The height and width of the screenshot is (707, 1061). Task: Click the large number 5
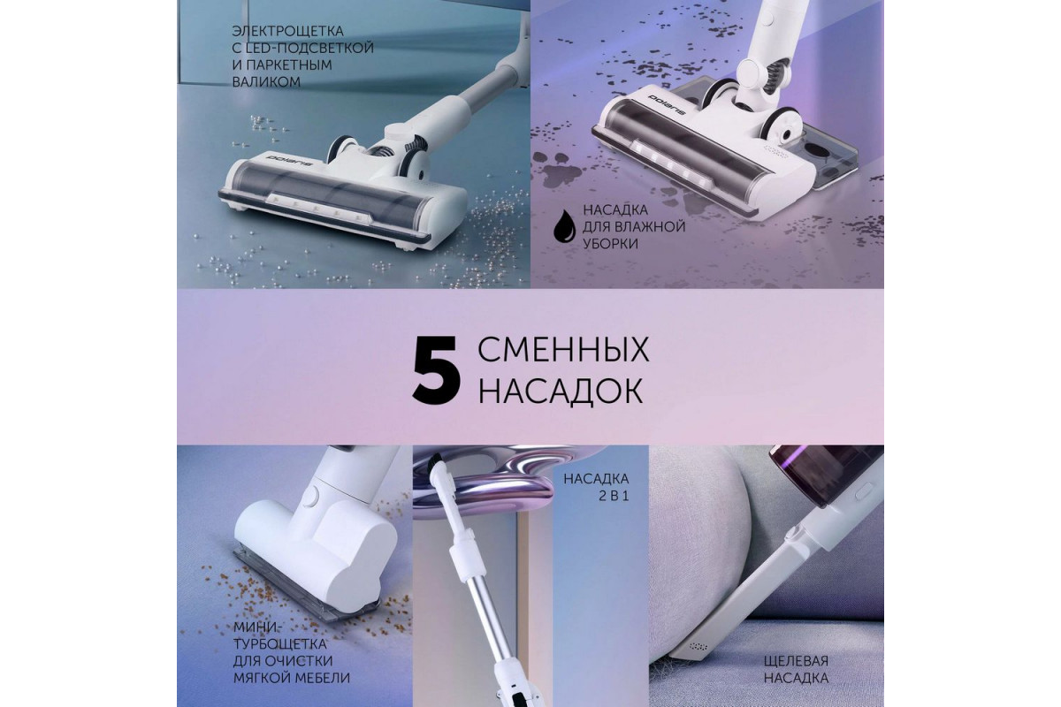pos(437,371)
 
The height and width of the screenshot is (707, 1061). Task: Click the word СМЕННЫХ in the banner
pos(563,350)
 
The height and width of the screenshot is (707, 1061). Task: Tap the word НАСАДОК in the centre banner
pos(561,391)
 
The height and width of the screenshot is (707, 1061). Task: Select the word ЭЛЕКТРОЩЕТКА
pos(287,31)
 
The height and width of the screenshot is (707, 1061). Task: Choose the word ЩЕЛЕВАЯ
pos(796,661)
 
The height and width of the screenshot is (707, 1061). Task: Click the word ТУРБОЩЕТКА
pos(280,644)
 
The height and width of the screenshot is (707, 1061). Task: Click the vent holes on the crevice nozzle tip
pos(698,646)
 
